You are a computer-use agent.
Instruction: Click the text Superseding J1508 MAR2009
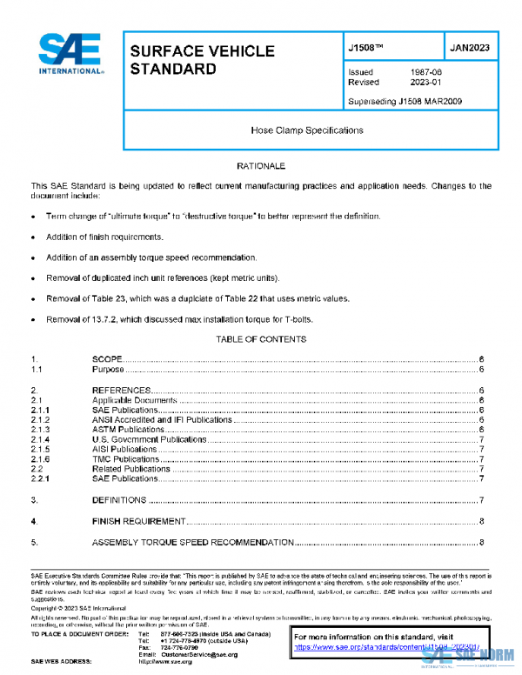tap(405, 101)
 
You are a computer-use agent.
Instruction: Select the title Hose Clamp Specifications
tap(307, 130)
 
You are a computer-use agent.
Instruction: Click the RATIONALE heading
tap(261, 165)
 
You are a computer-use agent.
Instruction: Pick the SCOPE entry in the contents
tap(107, 359)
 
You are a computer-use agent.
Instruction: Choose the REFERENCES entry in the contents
tap(122, 391)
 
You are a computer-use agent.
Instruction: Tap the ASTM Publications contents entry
tap(128, 430)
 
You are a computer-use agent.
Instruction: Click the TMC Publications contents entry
tap(125, 459)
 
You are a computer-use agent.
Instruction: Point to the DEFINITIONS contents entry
tap(119, 500)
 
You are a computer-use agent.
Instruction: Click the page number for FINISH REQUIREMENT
tap(481, 521)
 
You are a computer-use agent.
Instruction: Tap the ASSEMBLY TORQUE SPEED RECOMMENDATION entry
tap(192, 543)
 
